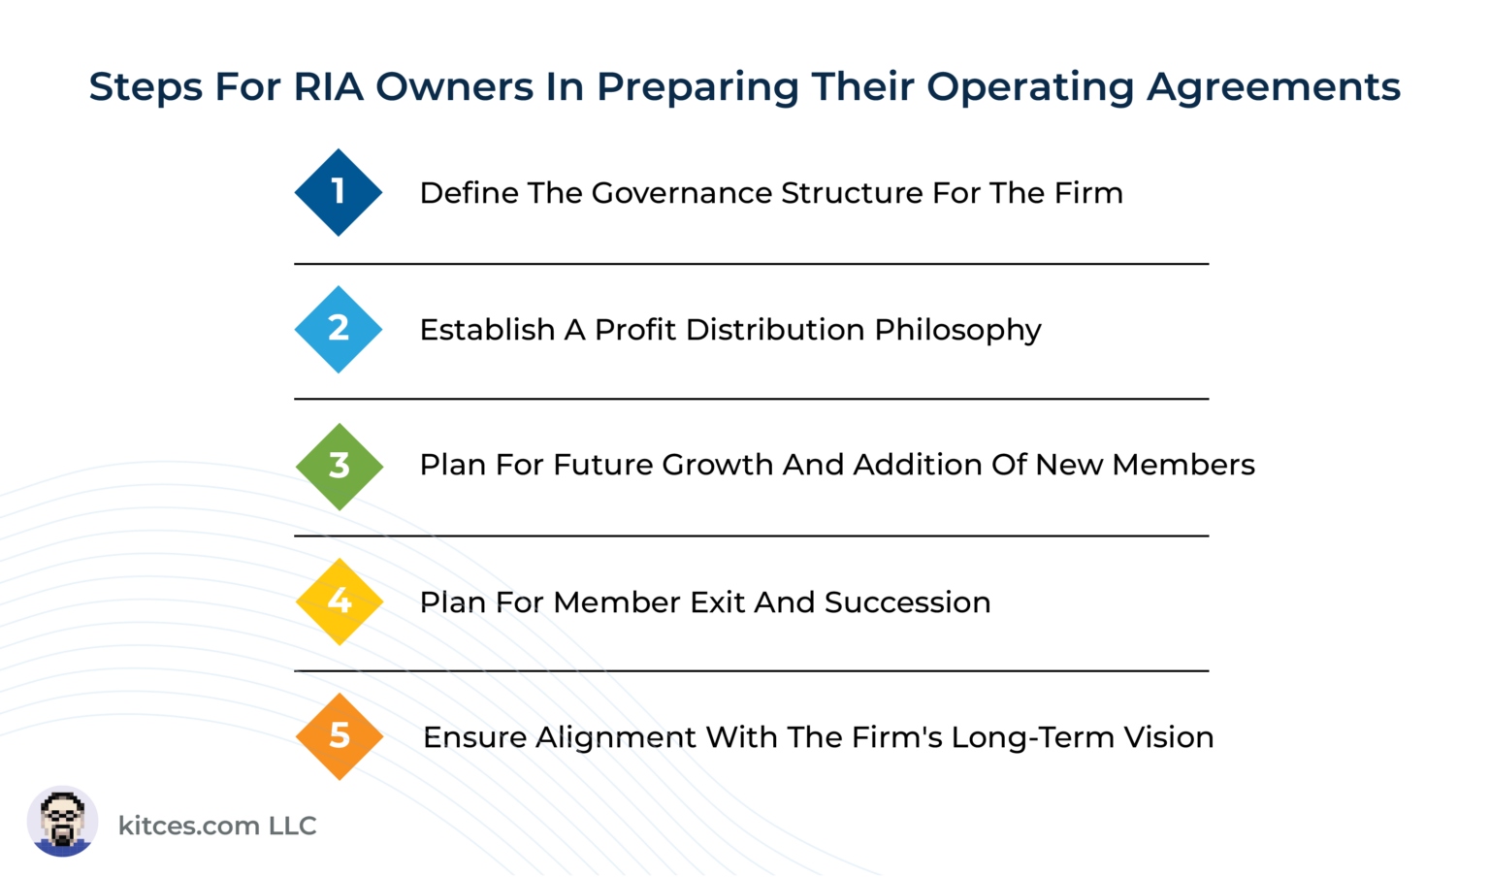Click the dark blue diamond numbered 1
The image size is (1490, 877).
(x=339, y=192)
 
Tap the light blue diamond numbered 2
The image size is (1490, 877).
(x=339, y=329)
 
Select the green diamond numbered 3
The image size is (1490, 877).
(x=339, y=466)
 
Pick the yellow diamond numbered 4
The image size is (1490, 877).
(x=340, y=601)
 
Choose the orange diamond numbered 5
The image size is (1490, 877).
(x=340, y=736)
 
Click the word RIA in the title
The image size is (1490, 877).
(x=328, y=87)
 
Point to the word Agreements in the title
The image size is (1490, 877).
(x=1274, y=87)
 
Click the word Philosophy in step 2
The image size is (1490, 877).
(x=957, y=331)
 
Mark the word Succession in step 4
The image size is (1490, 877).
(x=907, y=602)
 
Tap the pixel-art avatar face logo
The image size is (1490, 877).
(x=62, y=821)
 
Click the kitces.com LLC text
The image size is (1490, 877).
(x=217, y=826)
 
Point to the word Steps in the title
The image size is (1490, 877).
(x=146, y=88)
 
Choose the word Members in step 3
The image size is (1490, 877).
(x=1183, y=466)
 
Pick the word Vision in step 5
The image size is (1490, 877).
(x=1169, y=737)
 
